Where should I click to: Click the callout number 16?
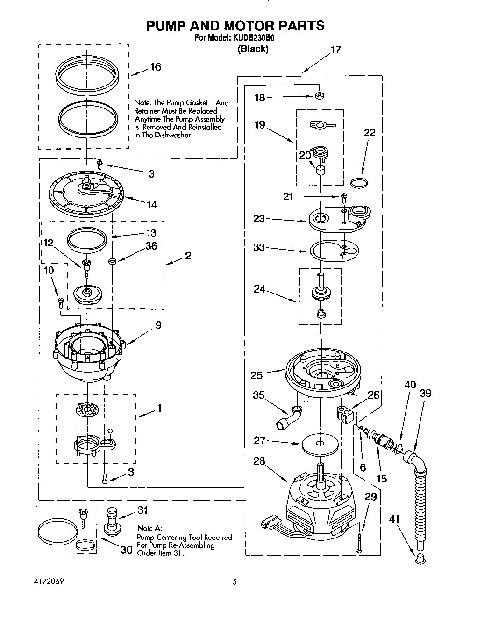click(155, 67)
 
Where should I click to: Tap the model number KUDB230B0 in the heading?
click(248, 38)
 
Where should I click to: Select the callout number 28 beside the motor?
click(259, 461)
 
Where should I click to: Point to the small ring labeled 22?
click(359, 183)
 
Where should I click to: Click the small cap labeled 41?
click(418, 557)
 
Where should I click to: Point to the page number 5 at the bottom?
click(235, 582)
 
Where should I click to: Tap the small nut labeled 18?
click(320, 96)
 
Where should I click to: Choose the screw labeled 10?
click(60, 303)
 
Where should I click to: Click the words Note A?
click(149, 528)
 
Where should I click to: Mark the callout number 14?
click(151, 204)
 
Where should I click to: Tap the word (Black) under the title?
click(253, 49)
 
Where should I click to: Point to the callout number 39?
click(425, 393)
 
